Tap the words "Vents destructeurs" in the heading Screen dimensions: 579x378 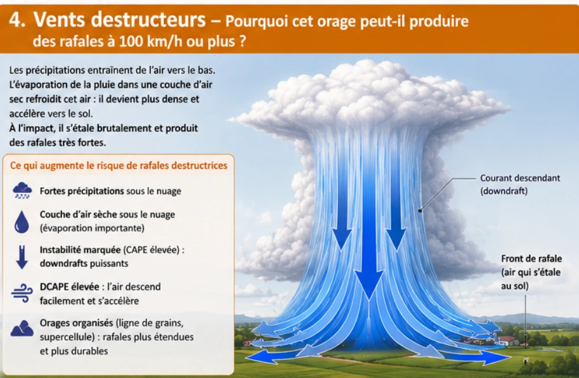coord(120,20)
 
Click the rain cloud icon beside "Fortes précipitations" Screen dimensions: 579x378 coord(22,190)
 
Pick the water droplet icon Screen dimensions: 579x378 coord(22,221)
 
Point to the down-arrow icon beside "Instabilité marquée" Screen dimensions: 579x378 coord(22,257)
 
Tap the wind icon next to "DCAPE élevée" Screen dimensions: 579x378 coord(22,293)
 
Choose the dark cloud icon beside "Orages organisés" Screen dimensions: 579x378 coord(22,328)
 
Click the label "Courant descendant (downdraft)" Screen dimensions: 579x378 coord(520,184)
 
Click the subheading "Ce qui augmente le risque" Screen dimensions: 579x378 coord(119,166)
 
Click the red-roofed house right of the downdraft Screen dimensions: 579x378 coord(509,341)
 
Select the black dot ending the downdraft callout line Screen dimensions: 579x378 coord(420,211)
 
